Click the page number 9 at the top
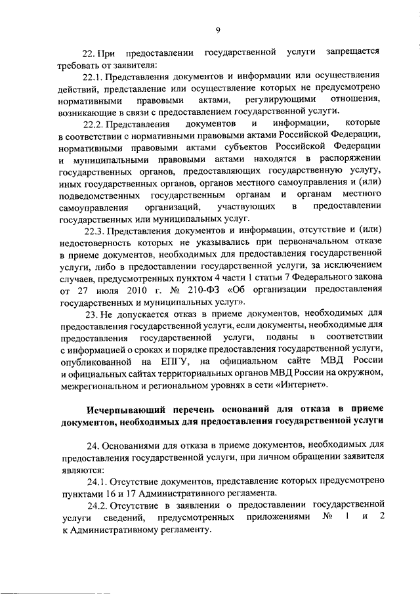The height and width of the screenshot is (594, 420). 217,28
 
